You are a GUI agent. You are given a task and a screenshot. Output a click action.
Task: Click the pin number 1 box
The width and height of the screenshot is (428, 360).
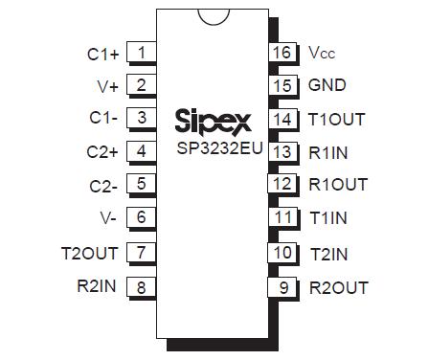[142, 53]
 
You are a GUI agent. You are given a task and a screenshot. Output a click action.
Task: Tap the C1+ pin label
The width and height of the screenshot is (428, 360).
[102, 55]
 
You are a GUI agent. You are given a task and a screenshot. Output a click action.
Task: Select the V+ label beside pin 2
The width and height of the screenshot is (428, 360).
[108, 86]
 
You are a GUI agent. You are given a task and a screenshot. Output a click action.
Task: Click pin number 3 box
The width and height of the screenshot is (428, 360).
[142, 118]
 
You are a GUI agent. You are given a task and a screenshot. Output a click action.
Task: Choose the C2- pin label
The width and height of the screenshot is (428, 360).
[103, 186]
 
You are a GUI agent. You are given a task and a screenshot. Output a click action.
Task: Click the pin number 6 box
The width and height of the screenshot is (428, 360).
[142, 217]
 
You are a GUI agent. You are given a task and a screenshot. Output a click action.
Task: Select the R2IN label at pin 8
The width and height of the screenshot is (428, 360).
[96, 285]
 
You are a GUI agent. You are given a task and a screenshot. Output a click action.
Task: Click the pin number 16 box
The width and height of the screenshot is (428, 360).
[282, 52]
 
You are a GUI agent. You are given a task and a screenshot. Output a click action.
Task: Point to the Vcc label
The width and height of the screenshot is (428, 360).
[322, 53]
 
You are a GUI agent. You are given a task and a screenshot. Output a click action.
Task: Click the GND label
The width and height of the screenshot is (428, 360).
[327, 85]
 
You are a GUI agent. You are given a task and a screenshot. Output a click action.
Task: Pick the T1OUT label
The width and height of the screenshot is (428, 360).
[336, 120]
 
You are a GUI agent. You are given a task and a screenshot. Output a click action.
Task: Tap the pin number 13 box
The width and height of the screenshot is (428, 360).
[282, 151]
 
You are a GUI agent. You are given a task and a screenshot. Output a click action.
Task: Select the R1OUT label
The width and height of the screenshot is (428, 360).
[337, 184]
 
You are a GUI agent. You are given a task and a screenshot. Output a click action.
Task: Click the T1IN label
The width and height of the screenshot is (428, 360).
[328, 217]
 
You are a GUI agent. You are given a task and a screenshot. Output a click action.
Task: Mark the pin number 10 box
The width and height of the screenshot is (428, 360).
[282, 252]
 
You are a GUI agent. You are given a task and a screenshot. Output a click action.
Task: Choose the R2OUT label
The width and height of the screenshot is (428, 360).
[338, 286]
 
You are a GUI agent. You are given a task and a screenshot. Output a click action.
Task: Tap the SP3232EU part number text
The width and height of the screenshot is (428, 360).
[212, 150]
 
